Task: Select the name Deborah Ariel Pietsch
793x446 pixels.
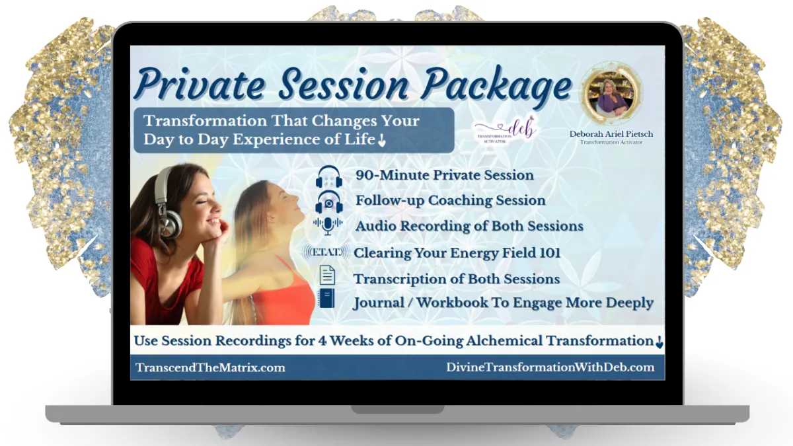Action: click(611, 133)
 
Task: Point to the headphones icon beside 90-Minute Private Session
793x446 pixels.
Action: click(329, 176)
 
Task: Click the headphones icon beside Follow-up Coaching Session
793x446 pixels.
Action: click(329, 202)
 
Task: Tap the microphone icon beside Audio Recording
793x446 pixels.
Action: click(328, 226)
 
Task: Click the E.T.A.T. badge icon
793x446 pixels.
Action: click(326, 252)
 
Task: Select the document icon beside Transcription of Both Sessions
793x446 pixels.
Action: click(327, 275)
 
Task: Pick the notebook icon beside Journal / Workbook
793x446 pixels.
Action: click(326, 298)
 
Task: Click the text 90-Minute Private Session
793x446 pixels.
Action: click(445, 175)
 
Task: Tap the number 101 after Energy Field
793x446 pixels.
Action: click(550, 252)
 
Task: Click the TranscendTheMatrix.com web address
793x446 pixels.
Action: click(210, 367)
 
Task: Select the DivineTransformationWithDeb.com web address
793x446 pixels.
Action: click(550, 367)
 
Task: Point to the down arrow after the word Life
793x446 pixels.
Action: click(382, 141)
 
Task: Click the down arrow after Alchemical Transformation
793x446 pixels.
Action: click(660, 342)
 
